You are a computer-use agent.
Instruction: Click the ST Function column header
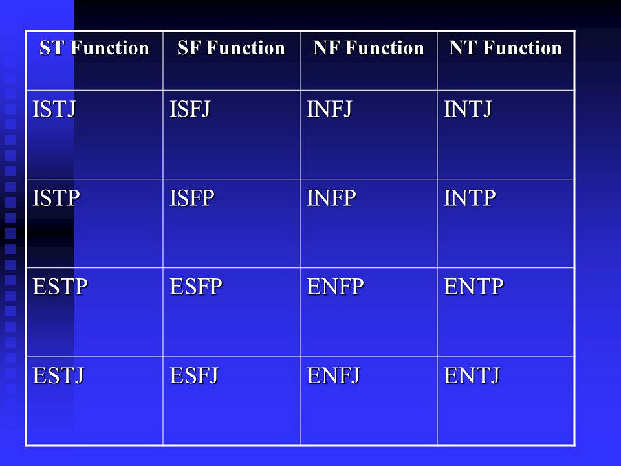(94, 48)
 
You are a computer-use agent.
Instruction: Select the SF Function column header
(232, 48)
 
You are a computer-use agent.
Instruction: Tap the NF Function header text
(369, 48)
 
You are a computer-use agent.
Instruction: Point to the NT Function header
(505, 48)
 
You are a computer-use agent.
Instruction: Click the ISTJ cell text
(54, 109)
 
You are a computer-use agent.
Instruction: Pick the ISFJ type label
(190, 109)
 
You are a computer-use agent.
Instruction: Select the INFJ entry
(329, 109)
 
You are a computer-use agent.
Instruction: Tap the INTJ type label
(468, 109)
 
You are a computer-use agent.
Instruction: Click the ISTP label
(56, 198)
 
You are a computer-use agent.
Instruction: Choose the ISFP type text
(192, 198)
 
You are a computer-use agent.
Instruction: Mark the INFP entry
(331, 198)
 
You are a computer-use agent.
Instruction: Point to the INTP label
(470, 198)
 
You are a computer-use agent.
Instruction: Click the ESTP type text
(60, 287)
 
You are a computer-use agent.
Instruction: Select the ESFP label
(196, 287)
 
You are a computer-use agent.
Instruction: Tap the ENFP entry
(336, 287)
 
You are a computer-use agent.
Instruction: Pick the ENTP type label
(474, 287)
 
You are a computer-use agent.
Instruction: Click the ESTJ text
(58, 375)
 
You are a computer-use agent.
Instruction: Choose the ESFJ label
(194, 375)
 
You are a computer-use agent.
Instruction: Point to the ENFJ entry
(334, 375)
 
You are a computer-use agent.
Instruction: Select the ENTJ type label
(472, 375)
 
